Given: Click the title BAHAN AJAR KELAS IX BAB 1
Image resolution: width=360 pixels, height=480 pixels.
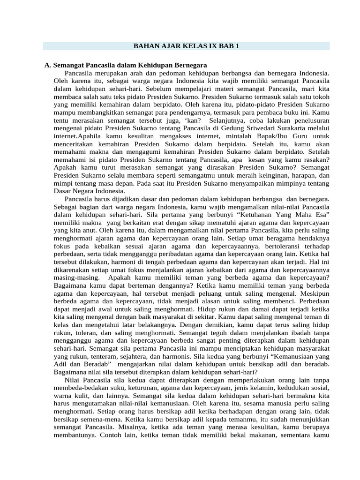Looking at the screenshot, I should point(186,46).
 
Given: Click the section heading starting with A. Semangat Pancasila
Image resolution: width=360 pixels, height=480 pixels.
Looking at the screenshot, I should point(126,65).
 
